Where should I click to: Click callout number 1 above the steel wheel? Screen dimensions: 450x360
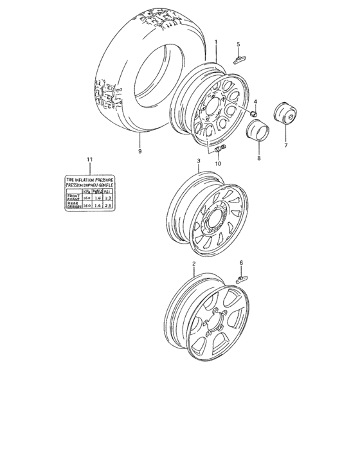pos(216,42)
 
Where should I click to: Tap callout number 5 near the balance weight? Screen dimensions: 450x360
pos(238,44)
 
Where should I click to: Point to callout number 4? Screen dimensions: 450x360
pos(255,102)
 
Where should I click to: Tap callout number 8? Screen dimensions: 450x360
pos(258,156)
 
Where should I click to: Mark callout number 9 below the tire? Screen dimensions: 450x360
pos(139,152)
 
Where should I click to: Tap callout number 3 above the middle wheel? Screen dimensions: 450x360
pos(199,160)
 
